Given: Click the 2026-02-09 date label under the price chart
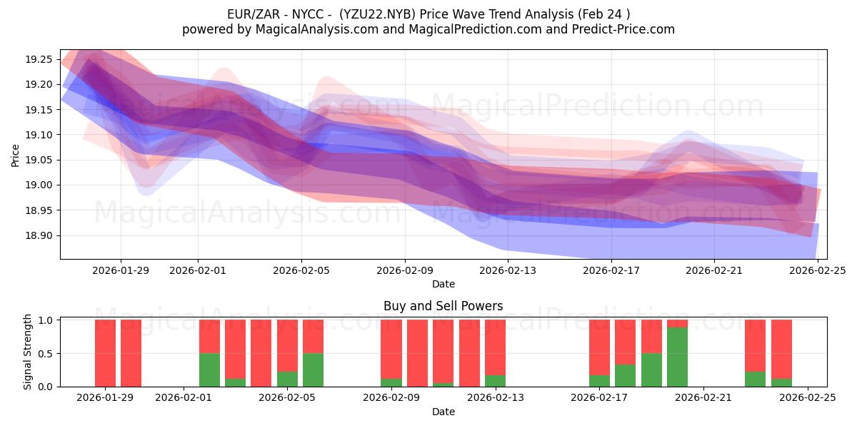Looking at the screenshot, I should [x=405, y=270].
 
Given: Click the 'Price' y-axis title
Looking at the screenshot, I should [x=16, y=154].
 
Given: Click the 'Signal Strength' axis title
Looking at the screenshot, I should [x=28, y=352].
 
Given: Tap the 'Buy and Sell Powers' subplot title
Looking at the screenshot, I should [x=443, y=306].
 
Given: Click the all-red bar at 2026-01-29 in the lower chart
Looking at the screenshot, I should [x=105, y=353].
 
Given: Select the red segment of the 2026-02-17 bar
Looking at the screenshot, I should [x=599, y=347].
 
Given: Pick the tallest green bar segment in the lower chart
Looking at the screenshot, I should [x=677, y=357].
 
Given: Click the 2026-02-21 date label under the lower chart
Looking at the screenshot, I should [x=703, y=397].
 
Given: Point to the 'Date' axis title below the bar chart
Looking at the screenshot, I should [x=443, y=412].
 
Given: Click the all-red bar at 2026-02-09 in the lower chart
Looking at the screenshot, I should [x=417, y=353].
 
